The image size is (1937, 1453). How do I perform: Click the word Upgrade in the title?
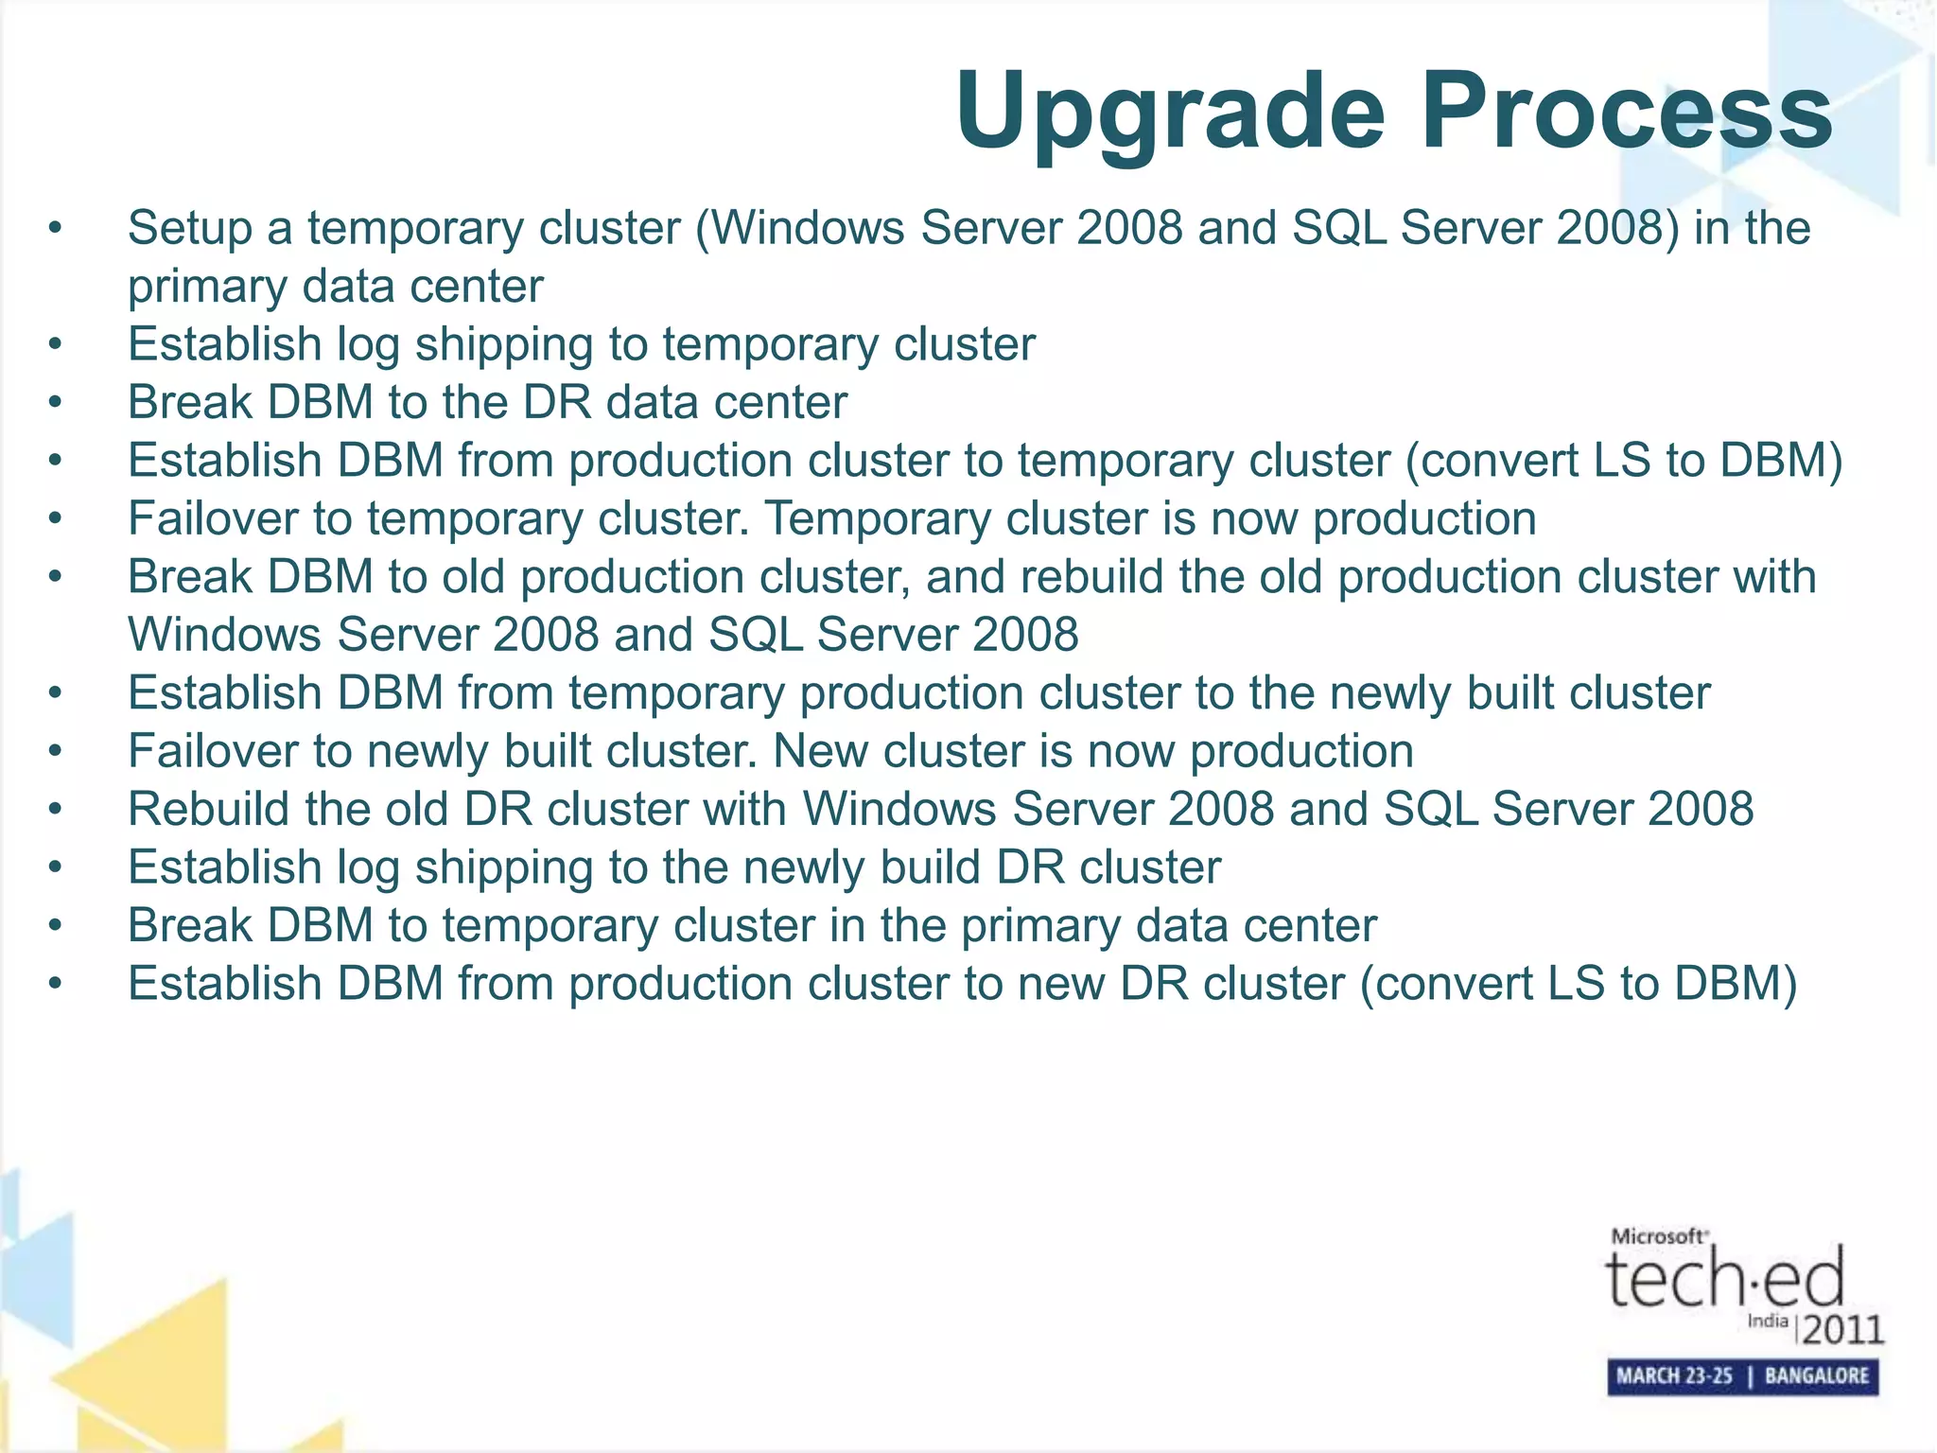1170,112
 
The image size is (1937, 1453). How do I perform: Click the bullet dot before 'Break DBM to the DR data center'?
56,403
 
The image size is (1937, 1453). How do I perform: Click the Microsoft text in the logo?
1658,1235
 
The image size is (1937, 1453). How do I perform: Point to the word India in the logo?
1767,1321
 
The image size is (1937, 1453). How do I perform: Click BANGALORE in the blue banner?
1816,1375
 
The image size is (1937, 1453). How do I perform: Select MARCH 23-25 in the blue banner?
1674,1375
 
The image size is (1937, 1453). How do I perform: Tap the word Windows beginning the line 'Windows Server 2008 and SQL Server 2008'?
223,635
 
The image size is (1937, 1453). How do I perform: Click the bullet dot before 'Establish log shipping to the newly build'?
56,867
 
